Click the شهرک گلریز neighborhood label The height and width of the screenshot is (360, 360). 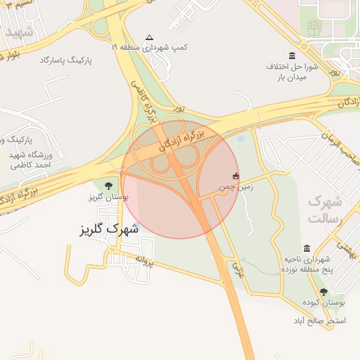click(x=108, y=230)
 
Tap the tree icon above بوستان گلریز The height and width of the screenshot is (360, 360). click(x=108, y=186)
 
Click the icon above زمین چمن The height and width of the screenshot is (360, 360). click(x=236, y=176)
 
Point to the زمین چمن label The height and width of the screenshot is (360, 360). click(x=235, y=188)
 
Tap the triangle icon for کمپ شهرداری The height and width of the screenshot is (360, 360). click(x=148, y=38)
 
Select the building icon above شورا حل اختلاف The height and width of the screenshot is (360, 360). click(x=292, y=56)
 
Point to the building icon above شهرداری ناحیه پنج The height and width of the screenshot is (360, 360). click(x=307, y=248)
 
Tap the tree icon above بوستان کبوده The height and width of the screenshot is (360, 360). click(x=324, y=291)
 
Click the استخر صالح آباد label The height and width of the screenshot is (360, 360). click(x=324, y=320)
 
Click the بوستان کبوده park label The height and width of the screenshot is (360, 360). click(x=323, y=302)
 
